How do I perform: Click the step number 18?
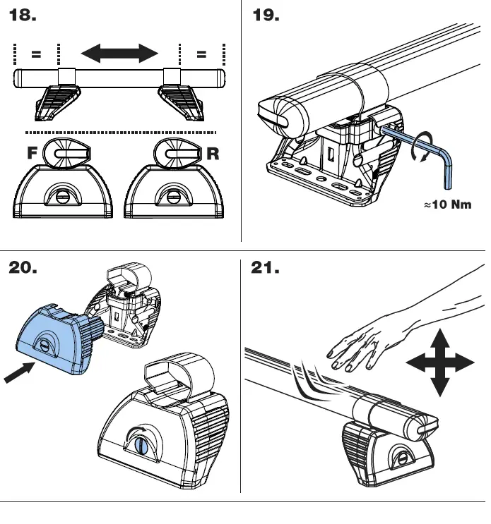click(23, 15)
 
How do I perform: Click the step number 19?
click(266, 15)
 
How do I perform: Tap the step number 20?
click(23, 269)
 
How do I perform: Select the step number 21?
click(266, 269)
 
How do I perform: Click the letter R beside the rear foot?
click(211, 154)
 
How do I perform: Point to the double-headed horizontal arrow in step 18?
click(119, 53)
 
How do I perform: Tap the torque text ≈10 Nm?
click(447, 205)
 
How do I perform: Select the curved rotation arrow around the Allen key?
click(422, 146)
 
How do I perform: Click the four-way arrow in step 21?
click(439, 363)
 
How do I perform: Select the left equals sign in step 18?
click(36, 54)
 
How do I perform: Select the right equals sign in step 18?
click(201, 54)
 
